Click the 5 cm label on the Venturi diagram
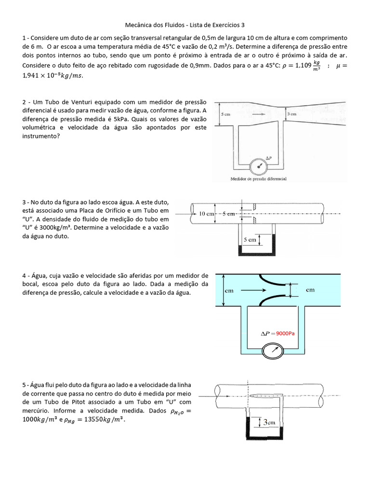pyautogui.click(x=225, y=114)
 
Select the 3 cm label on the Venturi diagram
pyautogui.click(x=292, y=114)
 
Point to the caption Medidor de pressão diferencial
pyautogui.click(x=259, y=178)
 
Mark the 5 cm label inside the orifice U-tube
pyautogui.click(x=249, y=239)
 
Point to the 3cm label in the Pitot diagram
pyautogui.click(x=268, y=422)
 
